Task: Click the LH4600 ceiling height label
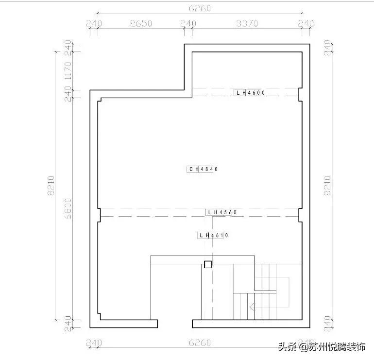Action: (249, 92)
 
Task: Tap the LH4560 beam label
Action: (221, 212)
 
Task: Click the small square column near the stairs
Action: (208, 264)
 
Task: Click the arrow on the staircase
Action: (252, 307)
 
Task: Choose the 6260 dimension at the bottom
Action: (199, 343)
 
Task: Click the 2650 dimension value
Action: (141, 23)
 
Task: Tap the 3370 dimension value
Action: (247, 23)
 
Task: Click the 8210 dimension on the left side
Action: (51, 185)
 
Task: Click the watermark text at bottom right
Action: (322, 347)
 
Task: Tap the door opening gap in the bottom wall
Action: (175, 324)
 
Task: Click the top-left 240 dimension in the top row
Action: (93, 23)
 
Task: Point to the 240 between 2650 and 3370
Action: (188, 23)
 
